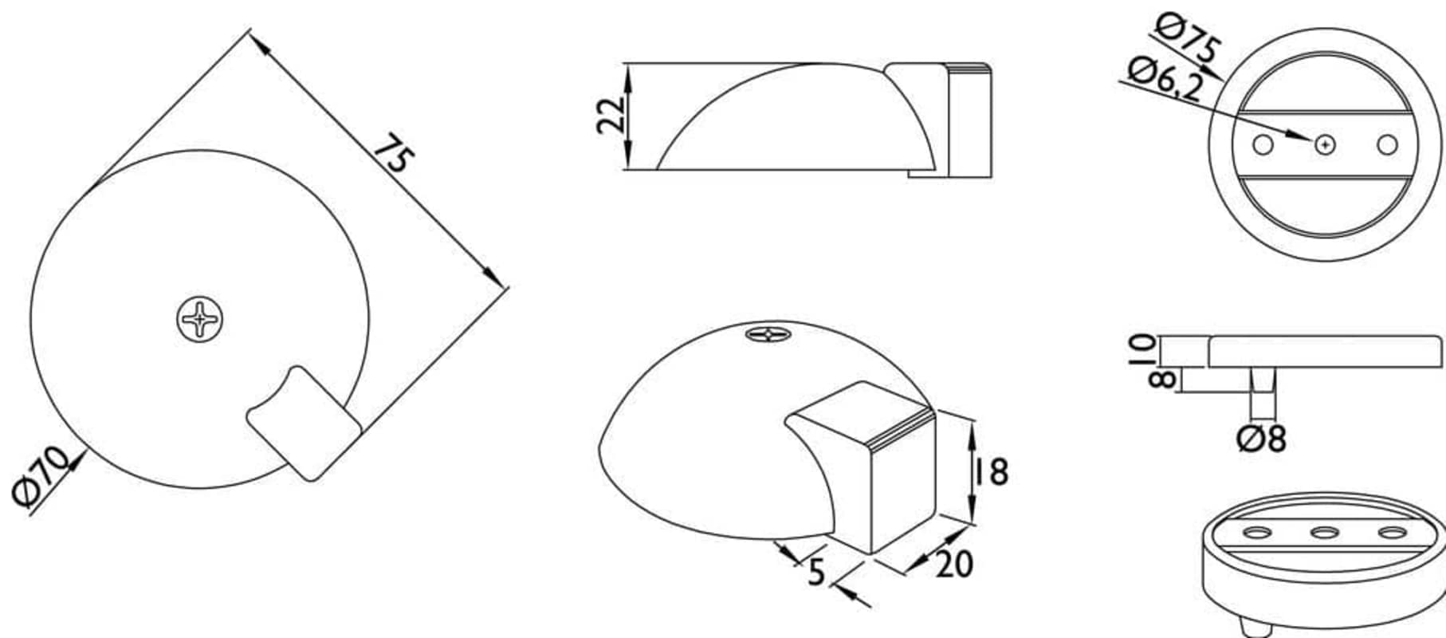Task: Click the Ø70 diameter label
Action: click(x=41, y=476)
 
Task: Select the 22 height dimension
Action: click(x=611, y=116)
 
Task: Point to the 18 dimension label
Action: click(x=988, y=471)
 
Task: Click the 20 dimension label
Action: click(x=954, y=564)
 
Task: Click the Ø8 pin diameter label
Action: click(x=1262, y=439)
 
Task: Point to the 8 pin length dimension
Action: click(x=1162, y=379)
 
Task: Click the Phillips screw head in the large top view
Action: click(x=199, y=320)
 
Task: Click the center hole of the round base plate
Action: click(x=1325, y=145)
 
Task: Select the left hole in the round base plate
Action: click(x=1262, y=145)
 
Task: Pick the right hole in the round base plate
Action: click(x=1388, y=145)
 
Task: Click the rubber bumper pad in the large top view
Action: click(x=304, y=423)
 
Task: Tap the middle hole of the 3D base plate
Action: click(x=1325, y=532)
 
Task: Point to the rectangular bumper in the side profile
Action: click(x=969, y=120)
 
